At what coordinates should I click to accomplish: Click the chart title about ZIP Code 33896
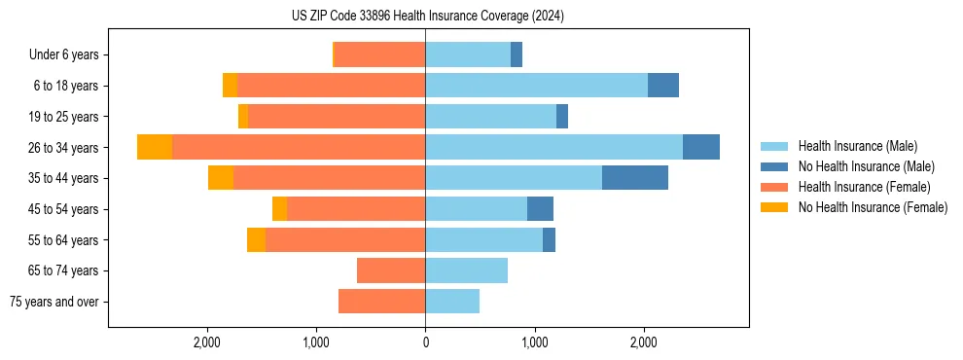[x=427, y=17]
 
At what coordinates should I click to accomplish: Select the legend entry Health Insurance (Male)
[x=851, y=146]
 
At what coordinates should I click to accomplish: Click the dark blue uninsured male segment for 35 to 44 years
[x=635, y=178]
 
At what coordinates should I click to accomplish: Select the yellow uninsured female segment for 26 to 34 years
[x=155, y=147]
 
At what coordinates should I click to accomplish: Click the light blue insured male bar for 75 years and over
[x=452, y=302]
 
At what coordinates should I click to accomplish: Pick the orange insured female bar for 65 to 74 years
[x=391, y=270]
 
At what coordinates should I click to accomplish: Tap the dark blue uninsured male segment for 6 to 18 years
[x=663, y=86]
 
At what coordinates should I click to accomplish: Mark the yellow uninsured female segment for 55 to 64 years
[x=256, y=239]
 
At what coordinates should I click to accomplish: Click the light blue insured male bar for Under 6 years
[x=468, y=54]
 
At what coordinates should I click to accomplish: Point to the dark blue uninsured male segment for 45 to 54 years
[x=540, y=209]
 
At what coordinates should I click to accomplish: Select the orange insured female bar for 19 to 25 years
[x=337, y=117]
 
